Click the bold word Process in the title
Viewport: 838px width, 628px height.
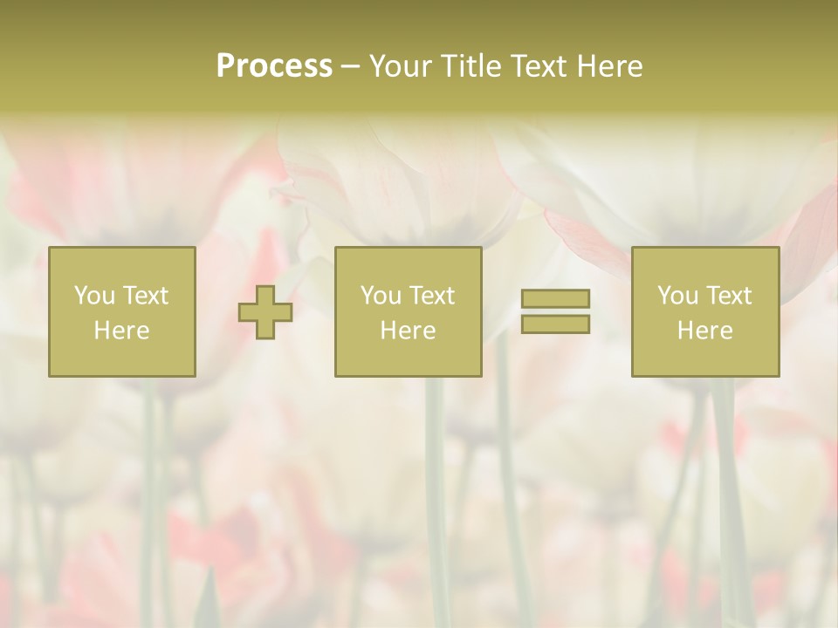[x=274, y=66]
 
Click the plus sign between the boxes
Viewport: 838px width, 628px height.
[x=265, y=312]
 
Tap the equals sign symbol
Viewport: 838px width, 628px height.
[x=555, y=311]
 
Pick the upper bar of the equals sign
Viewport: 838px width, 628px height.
[x=555, y=298]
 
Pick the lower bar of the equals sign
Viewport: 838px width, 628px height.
[x=555, y=324]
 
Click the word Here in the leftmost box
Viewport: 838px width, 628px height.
[x=121, y=331]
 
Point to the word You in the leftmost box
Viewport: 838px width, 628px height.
[x=94, y=296]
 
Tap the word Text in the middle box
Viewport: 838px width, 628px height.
[x=431, y=296]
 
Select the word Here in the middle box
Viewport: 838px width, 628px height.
[x=408, y=331]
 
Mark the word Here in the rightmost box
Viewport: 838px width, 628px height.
[x=704, y=331]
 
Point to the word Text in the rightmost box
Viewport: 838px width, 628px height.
[x=728, y=296]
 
